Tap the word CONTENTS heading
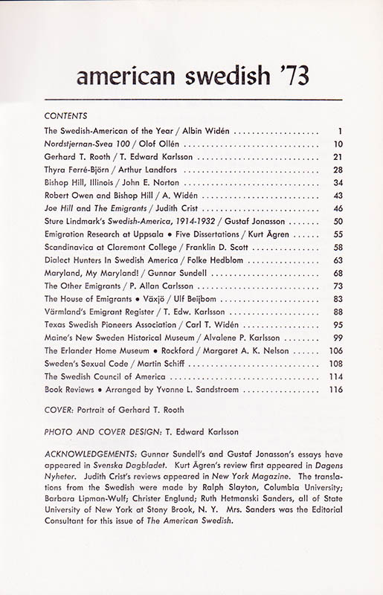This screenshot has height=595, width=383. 66,116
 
